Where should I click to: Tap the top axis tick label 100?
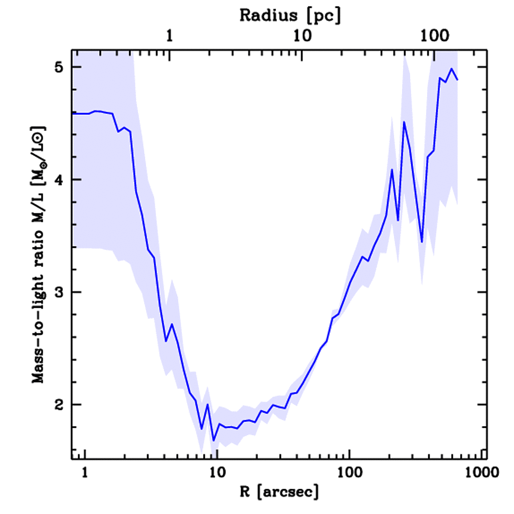point(434,36)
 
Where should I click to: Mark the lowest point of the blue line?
point(213,441)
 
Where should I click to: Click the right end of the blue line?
point(458,79)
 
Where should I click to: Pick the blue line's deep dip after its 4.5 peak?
point(422,242)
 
